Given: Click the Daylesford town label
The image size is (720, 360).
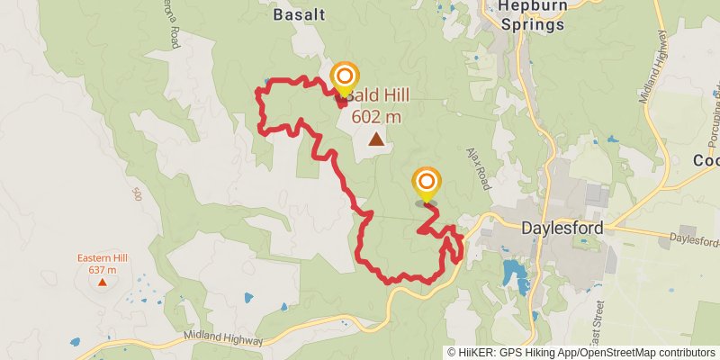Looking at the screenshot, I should coord(562,229).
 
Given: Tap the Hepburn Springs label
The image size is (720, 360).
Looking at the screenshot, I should coord(533,14).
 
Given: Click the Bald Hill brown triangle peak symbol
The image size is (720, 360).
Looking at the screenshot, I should coord(375,139).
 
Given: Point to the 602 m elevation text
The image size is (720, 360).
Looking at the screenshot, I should coord(376,116).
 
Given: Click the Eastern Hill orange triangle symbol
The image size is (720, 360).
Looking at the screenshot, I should coord(102,282).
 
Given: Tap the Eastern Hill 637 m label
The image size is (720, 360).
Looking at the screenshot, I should coord(103,263).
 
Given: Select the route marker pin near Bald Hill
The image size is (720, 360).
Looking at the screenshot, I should coord(343,78).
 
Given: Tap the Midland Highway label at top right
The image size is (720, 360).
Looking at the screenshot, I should coord(654,67).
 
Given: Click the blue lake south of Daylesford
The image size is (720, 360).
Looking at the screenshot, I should coord(513,270).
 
